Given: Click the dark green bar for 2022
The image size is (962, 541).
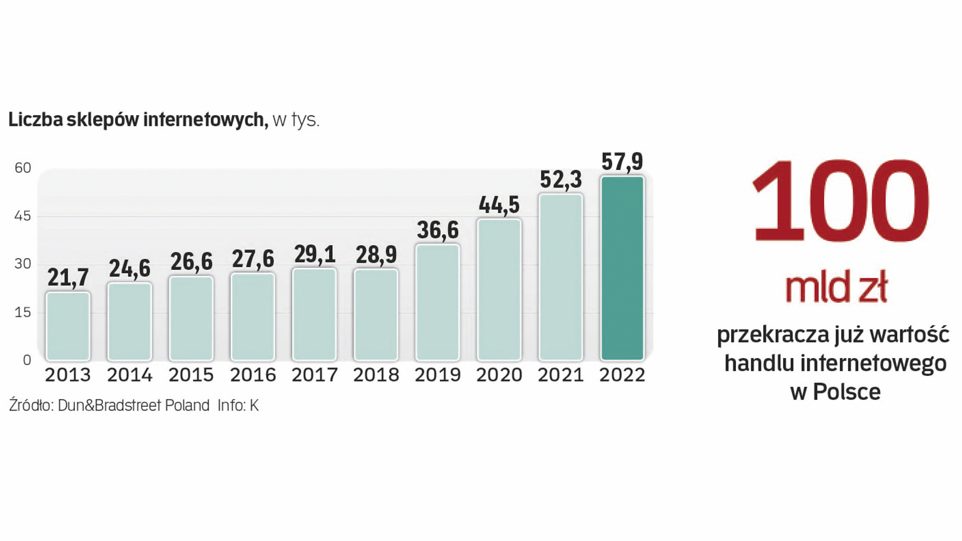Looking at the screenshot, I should (x=622, y=268).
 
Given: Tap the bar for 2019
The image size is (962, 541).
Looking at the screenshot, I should (x=437, y=302).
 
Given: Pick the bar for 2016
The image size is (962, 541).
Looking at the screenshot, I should (x=253, y=316).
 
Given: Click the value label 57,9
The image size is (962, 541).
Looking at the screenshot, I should (x=622, y=161).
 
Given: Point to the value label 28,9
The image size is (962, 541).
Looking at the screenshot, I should (x=376, y=255).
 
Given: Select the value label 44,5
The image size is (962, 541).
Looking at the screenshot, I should (x=499, y=205).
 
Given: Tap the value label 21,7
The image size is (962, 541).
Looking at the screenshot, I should (x=68, y=277).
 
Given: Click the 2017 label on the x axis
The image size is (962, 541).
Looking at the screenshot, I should (x=314, y=375).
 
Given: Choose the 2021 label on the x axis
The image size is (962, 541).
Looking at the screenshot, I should (x=561, y=375).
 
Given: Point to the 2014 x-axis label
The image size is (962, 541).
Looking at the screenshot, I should (x=129, y=375).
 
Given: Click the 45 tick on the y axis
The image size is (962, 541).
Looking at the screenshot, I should (x=23, y=216).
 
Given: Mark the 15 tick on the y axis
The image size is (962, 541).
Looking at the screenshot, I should (x=23, y=312).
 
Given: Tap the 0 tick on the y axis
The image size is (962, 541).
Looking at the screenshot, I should (x=27, y=360).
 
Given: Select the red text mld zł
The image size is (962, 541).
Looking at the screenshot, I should (x=836, y=287).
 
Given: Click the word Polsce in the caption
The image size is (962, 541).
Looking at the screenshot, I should (x=846, y=392).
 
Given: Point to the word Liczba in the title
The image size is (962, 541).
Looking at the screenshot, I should (x=36, y=119).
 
